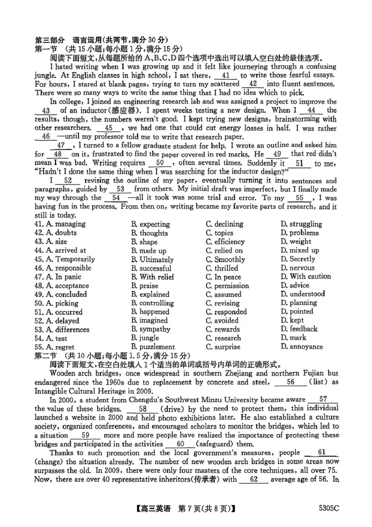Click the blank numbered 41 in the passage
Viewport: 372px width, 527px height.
click(x=226, y=75)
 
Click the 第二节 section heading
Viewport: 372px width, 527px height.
click(x=46, y=356)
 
